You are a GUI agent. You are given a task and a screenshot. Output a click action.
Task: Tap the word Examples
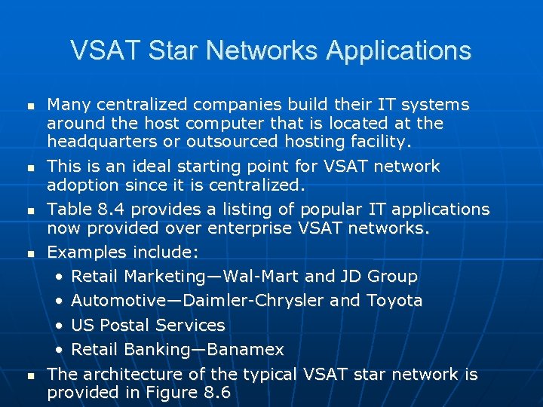pos(86,252)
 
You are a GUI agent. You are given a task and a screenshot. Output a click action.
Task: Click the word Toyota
pos(394,301)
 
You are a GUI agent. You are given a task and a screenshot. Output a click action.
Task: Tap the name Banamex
pos(245,350)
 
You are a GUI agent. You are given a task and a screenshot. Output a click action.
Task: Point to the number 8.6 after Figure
pos(217,392)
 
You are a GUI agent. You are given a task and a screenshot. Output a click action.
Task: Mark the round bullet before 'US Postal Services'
pos(60,326)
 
